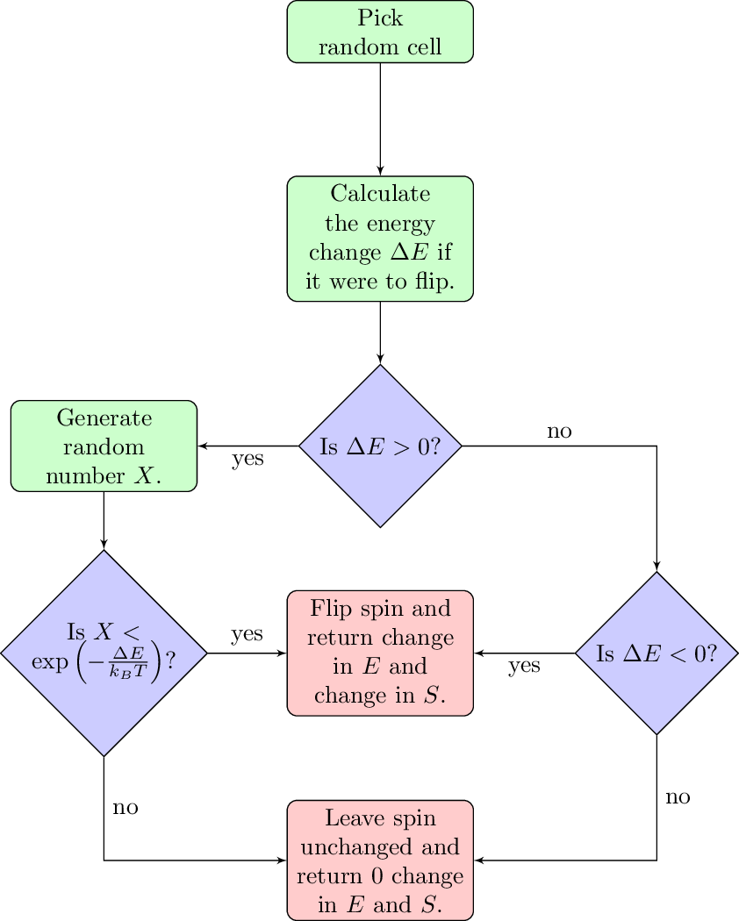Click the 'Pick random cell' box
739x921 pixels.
click(x=380, y=32)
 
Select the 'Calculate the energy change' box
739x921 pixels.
click(x=380, y=239)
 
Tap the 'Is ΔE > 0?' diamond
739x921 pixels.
click(x=380, y=446)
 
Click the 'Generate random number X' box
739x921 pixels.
click(x=104, y=446)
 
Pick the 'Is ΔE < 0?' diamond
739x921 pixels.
click(x=656, y=653)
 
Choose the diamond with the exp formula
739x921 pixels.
click(x=104, y=653)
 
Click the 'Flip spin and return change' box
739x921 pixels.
click(x=380, y=653)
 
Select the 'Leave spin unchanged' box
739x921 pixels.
click(x=380, y=860)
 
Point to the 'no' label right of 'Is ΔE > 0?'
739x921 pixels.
click(x=560, y=431)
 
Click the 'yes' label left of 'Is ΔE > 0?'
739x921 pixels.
click(x=248, y=459)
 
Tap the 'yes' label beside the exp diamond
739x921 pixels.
click(x=247, y=634)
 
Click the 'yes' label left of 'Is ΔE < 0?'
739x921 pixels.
click(x=524, y=666)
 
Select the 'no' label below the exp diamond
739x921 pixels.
click(x=126, y=806)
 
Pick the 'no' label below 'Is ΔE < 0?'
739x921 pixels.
click(x=678, y=796)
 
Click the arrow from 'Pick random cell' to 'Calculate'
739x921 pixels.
click(x=380, y=118)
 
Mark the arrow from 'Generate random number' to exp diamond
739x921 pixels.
click(x=104, y=520)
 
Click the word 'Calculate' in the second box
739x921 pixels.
click(x=380, y=193)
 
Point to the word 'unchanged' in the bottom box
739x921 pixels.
click(x=380, y=848)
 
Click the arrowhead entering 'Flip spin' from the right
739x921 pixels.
click(x=479, y=653)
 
